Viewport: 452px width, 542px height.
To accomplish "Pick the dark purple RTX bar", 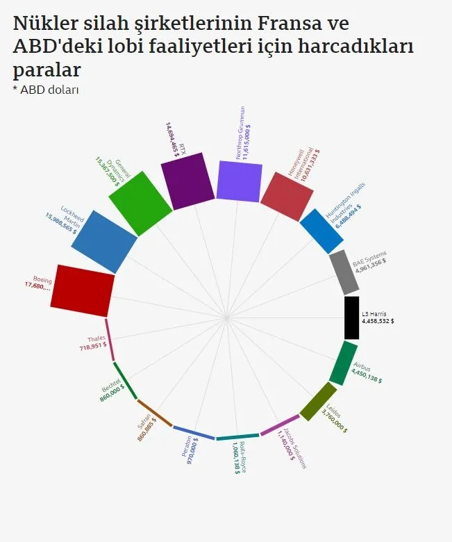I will (x=187, y=182).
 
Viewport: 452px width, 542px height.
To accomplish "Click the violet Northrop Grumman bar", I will (x=240, y=181).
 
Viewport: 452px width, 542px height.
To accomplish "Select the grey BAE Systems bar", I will (x=344, y=272).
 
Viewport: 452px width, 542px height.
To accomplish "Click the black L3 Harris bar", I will (x=352, y=318).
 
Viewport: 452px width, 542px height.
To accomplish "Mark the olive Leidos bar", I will (x=318, y=402).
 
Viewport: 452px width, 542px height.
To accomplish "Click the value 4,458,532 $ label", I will (x=378, y=321).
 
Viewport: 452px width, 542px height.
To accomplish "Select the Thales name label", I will (x=97, y=338).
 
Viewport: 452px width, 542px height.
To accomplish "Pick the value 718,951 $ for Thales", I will (x=93, y=346).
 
